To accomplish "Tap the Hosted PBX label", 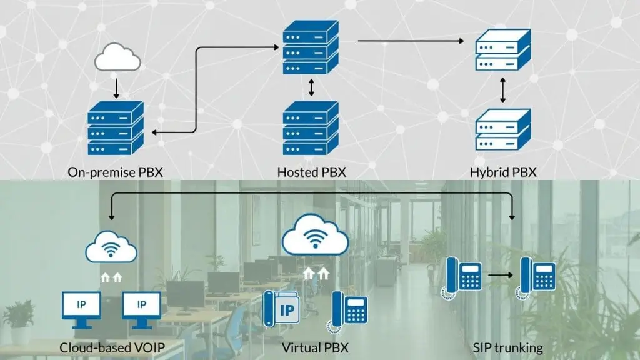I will point(311,171).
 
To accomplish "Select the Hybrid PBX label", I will point(502,171).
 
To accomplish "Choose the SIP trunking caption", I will point(507,347).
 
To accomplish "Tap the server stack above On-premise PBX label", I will point(116,129).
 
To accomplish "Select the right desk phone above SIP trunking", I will point(535,277).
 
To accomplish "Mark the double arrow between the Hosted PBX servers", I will point(311,87).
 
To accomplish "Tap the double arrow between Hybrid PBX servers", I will point(502,92).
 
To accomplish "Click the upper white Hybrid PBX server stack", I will point(502,49).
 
